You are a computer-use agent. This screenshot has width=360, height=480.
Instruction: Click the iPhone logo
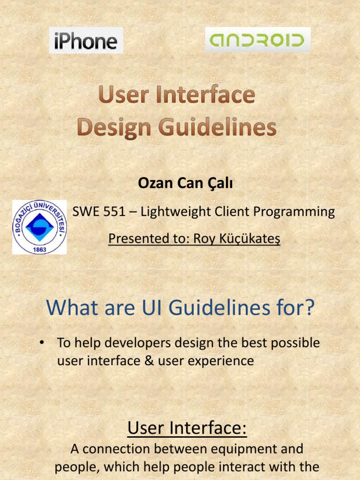pos(86,41)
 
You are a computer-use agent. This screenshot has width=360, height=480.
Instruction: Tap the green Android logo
pos(257,40)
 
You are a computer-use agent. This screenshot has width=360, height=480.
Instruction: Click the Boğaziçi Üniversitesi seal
pos(39,227)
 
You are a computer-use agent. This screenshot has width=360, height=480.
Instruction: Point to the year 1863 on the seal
pos(39,249)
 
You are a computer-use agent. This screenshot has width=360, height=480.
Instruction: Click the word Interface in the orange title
pos(209,96)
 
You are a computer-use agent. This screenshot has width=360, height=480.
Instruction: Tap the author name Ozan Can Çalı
pos(186,184)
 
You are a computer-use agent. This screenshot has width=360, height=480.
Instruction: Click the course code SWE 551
pos(99,212)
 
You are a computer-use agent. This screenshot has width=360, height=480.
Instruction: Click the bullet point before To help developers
pos(42,343)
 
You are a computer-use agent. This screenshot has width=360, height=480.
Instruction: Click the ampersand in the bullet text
pos(158,360)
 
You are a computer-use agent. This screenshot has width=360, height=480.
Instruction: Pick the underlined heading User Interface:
pos(187,427)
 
